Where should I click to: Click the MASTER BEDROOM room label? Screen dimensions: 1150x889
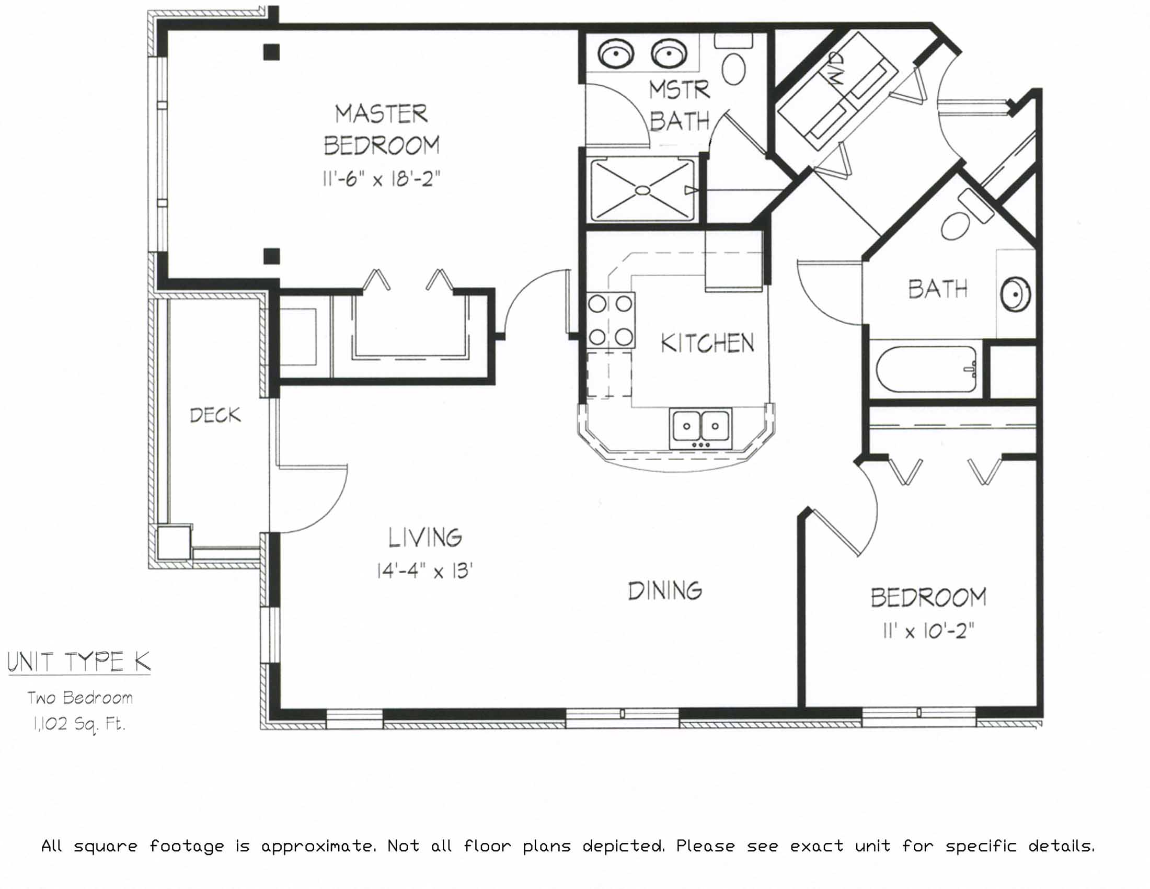(x=381, y=130)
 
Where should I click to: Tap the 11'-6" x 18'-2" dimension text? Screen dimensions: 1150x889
(x=381, y=179)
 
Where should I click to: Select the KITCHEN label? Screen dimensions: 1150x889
(x=707, y=344)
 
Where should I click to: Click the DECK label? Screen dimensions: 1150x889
(x=215, y=416)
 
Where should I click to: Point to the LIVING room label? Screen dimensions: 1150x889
(x=425, y=538)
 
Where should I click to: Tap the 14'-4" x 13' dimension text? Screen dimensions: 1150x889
(x=424, y=571)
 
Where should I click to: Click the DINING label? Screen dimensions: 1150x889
(x=664, y=590)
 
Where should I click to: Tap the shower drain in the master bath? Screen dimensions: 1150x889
(x=642, y=190)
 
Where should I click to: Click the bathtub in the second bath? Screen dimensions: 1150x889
(x=926, y=369)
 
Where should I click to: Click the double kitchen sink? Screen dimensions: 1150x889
(x=700, y=428)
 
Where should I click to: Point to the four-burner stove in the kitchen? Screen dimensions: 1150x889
(x=610, y=320)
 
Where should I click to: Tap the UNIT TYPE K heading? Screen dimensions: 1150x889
(x=79, y=662)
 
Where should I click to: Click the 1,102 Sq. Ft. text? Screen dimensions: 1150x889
(x=79, y=725)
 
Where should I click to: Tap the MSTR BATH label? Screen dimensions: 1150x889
(x=679, y=106)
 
